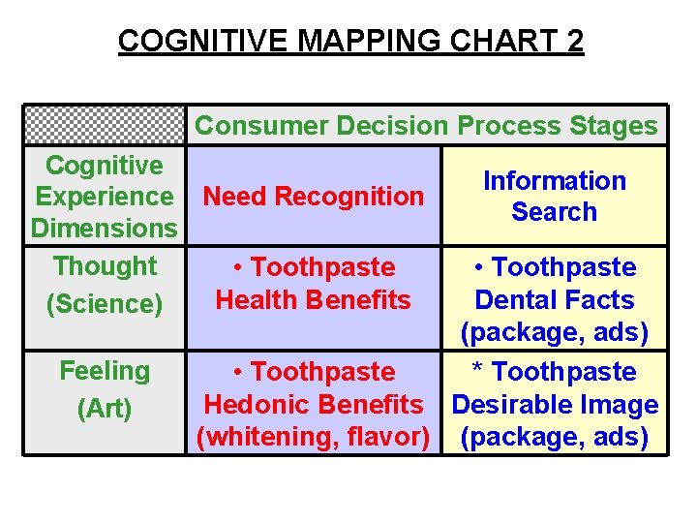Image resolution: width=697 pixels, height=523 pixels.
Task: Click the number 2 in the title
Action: [573, 42]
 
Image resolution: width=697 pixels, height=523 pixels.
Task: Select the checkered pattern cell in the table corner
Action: [104, 125]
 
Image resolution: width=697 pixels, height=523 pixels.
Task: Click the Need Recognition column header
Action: [313, 197]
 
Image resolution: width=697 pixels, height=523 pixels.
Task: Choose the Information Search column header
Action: [554, 197]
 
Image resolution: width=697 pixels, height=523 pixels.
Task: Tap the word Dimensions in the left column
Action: [104, 229]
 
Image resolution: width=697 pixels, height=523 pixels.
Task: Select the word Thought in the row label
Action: [104, 265]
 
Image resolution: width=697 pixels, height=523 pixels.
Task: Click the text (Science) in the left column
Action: [104, 304]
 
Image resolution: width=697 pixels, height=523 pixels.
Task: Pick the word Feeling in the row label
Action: [104, 371]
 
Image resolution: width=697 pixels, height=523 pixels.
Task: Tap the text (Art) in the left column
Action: [104, 409]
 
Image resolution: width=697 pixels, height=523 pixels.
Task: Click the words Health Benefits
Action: [313, 300]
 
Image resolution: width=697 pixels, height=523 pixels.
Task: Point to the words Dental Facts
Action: [554, 300]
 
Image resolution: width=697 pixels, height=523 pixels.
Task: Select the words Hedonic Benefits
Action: [313, 405]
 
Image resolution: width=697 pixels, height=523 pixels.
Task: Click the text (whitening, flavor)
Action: [313, 438]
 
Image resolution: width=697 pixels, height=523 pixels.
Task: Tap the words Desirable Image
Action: [554, 405]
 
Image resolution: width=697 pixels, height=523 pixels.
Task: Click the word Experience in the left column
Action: [104, 197]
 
